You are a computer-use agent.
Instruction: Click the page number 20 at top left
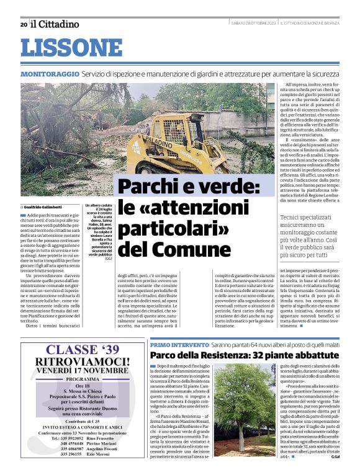point(24,25)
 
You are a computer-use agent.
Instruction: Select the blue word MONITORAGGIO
point(49,74)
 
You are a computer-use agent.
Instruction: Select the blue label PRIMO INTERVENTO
point(171,344)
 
